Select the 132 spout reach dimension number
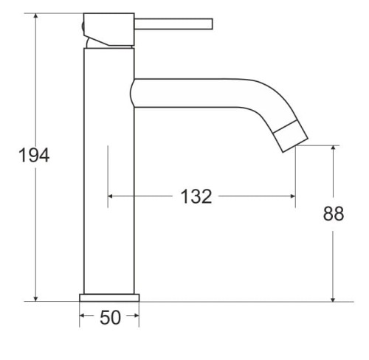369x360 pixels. coord(196,196)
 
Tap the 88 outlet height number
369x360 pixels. coord(334,215)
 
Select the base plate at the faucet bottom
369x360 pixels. coord(109,297)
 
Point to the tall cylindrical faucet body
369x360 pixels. coord(109,170)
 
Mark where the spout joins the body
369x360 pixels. coord(134,91)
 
